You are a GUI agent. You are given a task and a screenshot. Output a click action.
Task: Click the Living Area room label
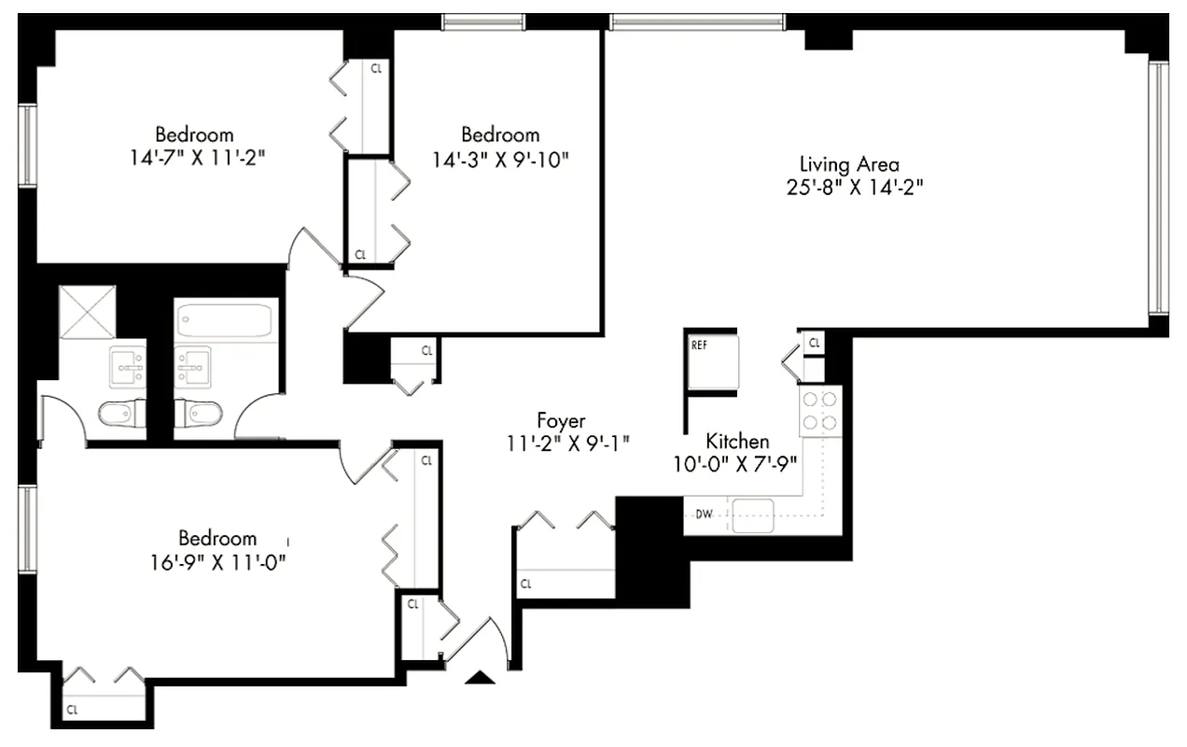click(849, 164)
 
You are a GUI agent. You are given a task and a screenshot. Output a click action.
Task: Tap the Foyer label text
click(561, 420)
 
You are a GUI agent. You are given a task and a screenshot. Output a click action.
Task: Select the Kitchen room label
click(737, 441)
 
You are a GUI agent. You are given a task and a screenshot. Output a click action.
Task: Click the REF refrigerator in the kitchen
click(714, 361)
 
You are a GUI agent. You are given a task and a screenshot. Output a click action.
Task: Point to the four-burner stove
click(820, 411)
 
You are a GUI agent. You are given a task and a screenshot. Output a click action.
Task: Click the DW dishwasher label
click(704, 514)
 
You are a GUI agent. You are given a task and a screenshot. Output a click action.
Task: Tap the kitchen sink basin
click(753, 514)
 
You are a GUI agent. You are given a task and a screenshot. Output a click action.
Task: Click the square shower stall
click(87, 312)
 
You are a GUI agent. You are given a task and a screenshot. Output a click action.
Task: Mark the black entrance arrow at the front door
click(481, 678)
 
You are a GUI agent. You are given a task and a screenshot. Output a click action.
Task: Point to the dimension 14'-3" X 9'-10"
click(500, 159)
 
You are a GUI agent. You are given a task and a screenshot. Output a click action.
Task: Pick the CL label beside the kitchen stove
click(815, 344)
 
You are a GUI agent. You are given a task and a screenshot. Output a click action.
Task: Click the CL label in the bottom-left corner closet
click(73, 711)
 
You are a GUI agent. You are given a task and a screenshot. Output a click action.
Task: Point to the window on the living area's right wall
click(1158, 187)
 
